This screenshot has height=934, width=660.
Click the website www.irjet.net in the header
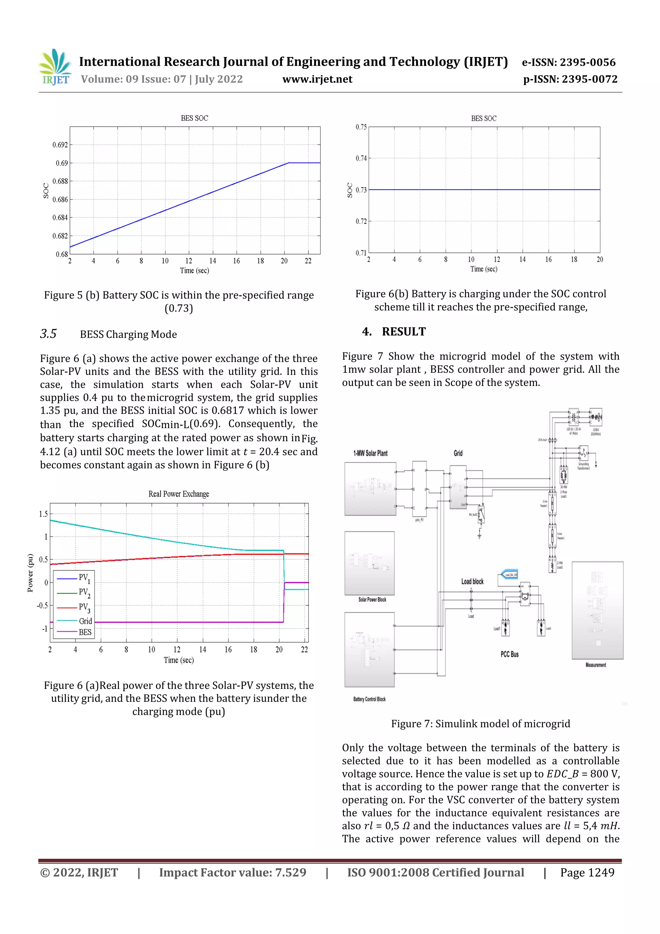(x=317, y=79)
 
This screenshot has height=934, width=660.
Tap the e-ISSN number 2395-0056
(x=587, y=62)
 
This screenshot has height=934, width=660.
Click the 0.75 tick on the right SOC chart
(x=361, y=127)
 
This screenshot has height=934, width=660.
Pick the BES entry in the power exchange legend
(x=85, y=632)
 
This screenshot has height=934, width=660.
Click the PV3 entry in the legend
(x=84, y=607)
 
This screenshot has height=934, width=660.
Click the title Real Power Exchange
(x=179, y=494)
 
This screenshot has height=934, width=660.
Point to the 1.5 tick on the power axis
(x=43, y=514)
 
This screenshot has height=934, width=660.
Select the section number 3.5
(x=48, y=334)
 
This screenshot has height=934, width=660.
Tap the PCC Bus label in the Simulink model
(x=509, y=654)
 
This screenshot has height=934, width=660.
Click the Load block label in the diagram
(x=472, y=581)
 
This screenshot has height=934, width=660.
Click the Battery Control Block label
(x=369, y=699)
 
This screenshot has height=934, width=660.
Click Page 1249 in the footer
(x=587, y=872)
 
